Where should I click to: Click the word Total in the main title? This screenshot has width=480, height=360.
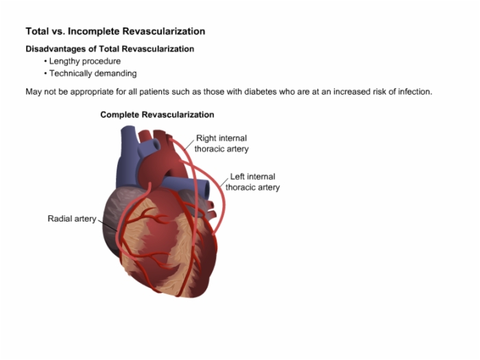click(37, 32)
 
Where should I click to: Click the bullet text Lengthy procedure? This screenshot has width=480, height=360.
click(85, 61)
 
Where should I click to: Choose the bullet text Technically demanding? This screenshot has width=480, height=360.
click(93, 73)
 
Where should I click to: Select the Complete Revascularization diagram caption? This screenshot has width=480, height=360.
click(157, 115)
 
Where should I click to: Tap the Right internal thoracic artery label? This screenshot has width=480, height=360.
click(221, 143)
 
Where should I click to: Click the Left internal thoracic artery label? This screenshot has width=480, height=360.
click(252, 182)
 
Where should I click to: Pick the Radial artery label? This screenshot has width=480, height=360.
click(72, 219)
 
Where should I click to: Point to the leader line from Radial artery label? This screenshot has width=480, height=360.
click(108, 225)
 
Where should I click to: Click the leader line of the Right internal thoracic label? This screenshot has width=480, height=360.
click(189, 145)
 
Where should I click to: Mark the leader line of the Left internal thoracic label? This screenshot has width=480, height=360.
click(224, 182)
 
